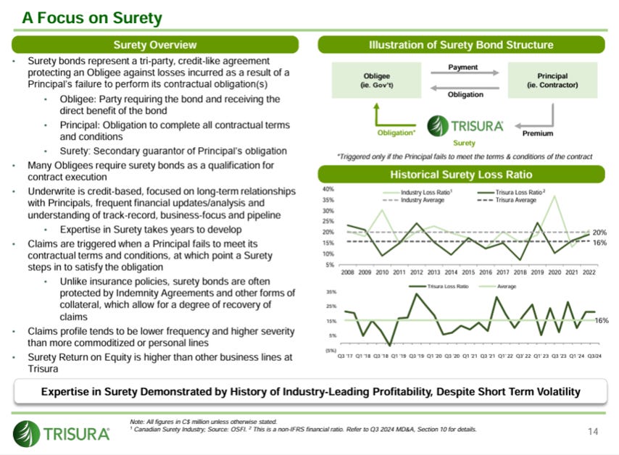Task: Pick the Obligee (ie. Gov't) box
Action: click(375, 80)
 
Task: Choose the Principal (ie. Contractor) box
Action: click(552, 80)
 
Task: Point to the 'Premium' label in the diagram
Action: click(537, 133)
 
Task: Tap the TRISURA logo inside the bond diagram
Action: click(465, 125)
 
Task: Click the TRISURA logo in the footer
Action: click(62, 433)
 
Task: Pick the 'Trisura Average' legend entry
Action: click(512, 200)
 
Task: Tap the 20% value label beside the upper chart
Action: click(599, 233)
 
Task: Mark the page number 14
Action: click(593, 433)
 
